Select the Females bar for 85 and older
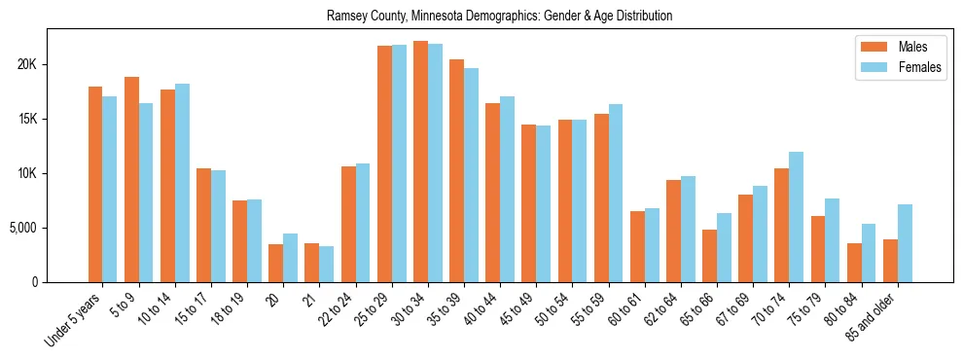point(905,243)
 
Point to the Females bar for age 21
point(327,264)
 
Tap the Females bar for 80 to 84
point(869,253)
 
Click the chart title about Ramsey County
point(499,17)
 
